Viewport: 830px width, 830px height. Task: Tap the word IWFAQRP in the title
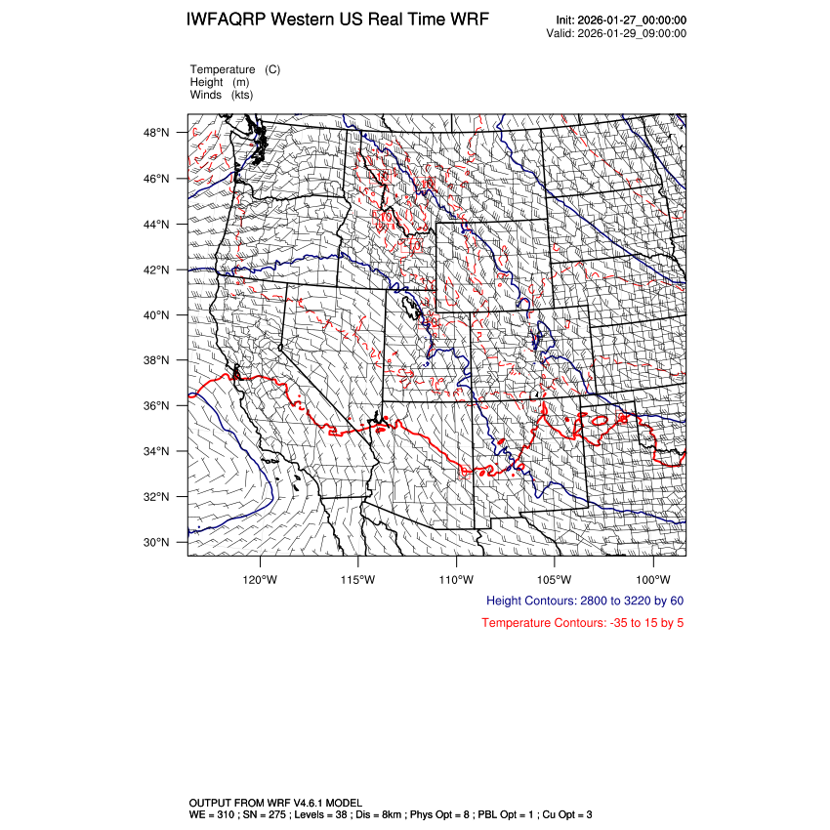click(x=228, y=21)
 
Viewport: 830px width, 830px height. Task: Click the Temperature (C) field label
click(x=234, y=69)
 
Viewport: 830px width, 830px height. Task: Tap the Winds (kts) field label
click(x=221, y=95)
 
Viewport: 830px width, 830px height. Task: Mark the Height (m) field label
click(x=219, y=82)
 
